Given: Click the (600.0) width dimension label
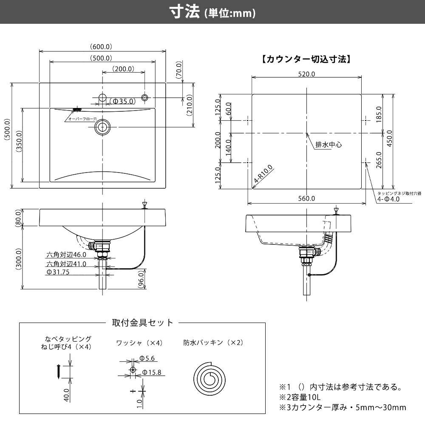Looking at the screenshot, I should pyautogui.click(x=101, y=46).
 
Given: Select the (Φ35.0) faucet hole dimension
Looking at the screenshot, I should pyautogui.click(x=122, y=101).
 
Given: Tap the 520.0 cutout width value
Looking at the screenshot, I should pyautogui.click(x=306, y=74).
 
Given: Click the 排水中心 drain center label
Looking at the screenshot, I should pyautogui.click(x=329, y=144).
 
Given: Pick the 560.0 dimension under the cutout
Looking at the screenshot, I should pyautogui.click(x=306, y=198).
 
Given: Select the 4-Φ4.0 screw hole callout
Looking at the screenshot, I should pyautogui.click(x=388, y=199).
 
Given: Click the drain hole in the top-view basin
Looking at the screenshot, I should pyautogui.click(x=102, y=127).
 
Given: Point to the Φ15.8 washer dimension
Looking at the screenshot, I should pyautogui.click(x=151, y=372).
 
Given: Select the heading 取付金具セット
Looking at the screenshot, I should pyautogui.click(x=142, y=323).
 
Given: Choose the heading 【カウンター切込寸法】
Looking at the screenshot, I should pyautogui.click(x=306, y=59).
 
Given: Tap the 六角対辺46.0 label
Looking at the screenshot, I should pyautogui.click(x=66, y=255).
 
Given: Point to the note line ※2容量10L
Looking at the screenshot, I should pyautogui.click(x=299, y=397).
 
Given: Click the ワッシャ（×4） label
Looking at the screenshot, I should pyautogui.click(x=139, y=343).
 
